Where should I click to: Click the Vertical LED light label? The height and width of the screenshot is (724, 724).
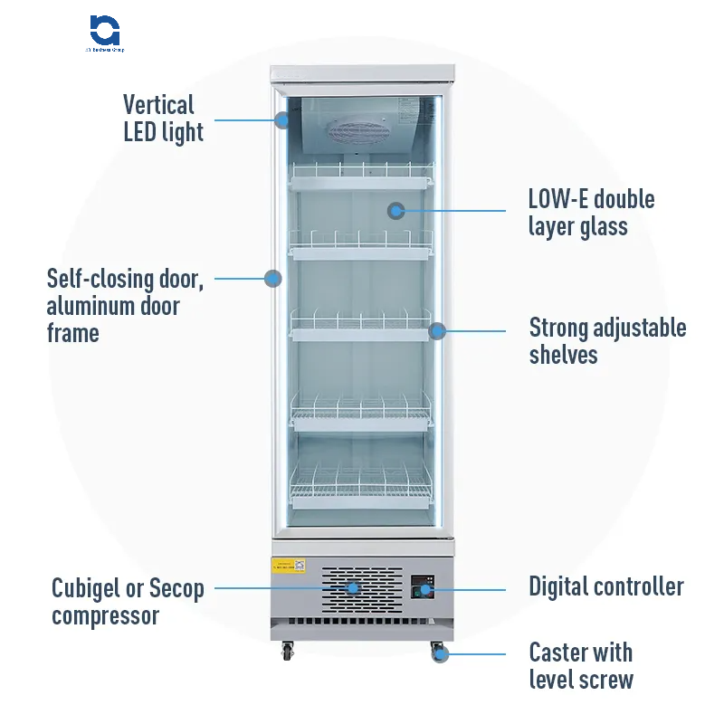pos(163,119)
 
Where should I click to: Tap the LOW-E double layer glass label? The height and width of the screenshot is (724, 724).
pos(591,213)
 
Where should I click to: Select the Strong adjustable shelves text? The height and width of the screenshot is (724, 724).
pos(607,341)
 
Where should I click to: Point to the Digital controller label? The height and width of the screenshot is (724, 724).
pos(606,586)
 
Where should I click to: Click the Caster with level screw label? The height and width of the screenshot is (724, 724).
pos(580,665)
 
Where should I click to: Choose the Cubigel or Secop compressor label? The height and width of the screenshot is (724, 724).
pos(128,603)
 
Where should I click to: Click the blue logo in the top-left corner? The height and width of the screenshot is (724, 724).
pos(106,30)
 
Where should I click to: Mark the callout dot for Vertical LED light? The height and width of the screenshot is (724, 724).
pos(282,119)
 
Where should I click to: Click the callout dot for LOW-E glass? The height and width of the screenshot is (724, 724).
pos(395,211)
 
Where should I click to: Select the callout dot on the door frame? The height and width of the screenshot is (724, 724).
pos(273,278)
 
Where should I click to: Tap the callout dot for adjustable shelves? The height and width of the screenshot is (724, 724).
pos(437,330)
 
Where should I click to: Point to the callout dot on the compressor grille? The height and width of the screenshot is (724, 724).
pos(352,587)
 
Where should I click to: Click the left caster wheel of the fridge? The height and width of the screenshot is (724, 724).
pos(289,650)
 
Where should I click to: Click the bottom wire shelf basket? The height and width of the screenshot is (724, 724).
pos(361,490)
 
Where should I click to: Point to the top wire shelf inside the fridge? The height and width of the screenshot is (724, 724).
pos(361,176)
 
